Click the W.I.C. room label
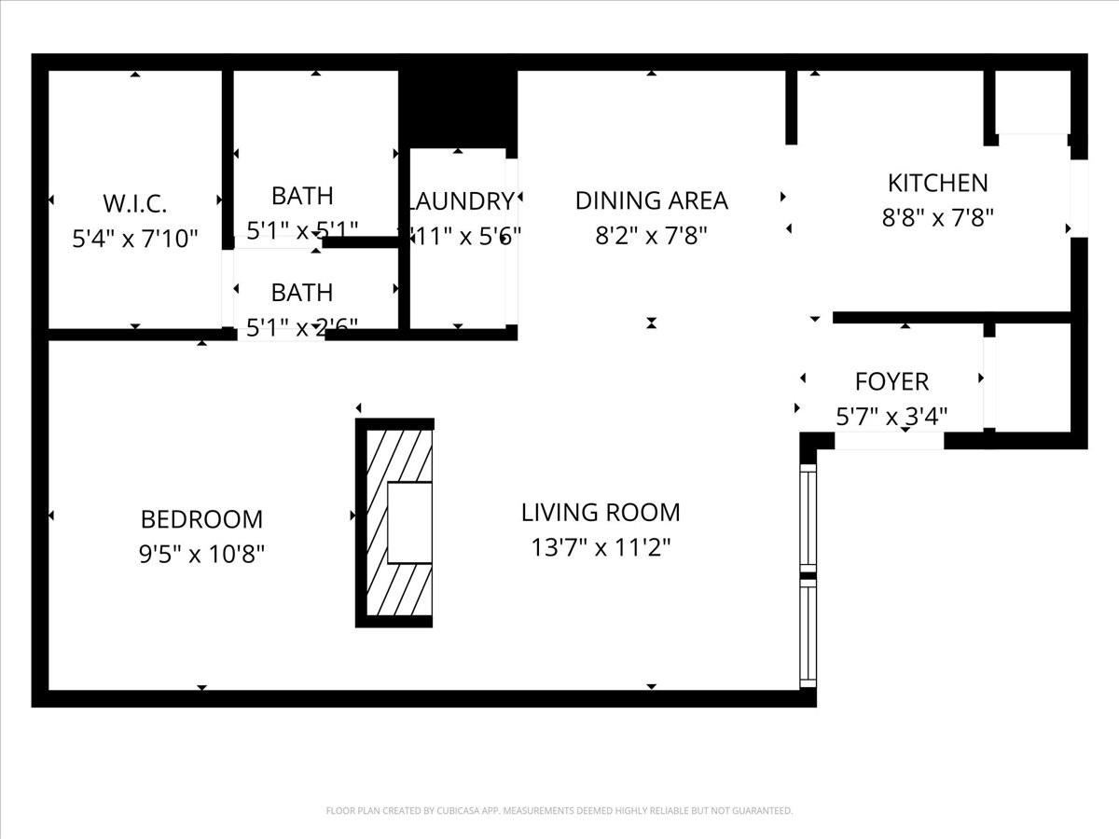pos(135,202)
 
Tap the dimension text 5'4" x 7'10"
pos(135,239)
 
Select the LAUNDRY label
pos(459,200)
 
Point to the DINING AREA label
pos(651,200)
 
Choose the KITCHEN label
pos(937,183)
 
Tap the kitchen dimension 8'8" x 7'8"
pos(937,218)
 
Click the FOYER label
pos(891,381)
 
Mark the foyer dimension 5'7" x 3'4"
pos(891,416)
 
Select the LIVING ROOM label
pos(601,512)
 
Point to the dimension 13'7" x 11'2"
pos(601,547)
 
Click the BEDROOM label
pos(201,518)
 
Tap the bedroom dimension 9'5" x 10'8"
pos(201,554)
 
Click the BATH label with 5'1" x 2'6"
pos(301,292)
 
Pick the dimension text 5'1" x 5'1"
pos(302,229)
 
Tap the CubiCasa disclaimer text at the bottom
pos(559,811)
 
